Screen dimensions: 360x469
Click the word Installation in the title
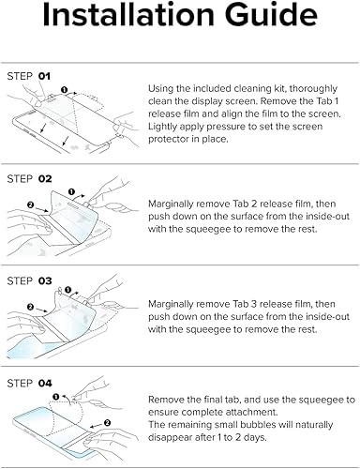tap(128, 14)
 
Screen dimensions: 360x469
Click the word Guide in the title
tap(272, 14)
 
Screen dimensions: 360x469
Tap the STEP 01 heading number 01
tap(44, 76)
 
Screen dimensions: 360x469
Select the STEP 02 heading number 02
tap(45, 178)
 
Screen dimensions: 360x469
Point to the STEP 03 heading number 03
tap(45, 280)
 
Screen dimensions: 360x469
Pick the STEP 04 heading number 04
tap(45, 383)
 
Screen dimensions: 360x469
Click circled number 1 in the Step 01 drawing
tap(65, 90)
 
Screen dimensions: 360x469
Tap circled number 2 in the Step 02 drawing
tap(30, 204)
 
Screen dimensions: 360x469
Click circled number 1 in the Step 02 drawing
tap(71, 191)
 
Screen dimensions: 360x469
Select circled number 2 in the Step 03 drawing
tap(30, 307)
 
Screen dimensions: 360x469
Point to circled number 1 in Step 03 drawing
tap(68, 290)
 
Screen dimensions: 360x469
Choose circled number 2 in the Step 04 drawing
tap(107, 423)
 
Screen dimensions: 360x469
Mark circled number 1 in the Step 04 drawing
tap(56, 397)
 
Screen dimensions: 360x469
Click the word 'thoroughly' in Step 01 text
tap(313, 89)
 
